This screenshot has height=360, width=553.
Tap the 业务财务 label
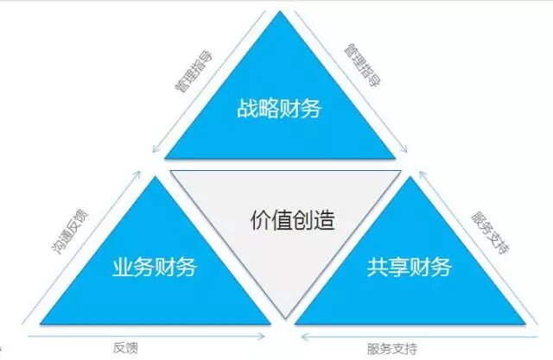point(155,267)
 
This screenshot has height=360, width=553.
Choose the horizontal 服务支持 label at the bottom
point(392,348)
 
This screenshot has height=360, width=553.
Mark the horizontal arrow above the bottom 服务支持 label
point(415,335)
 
